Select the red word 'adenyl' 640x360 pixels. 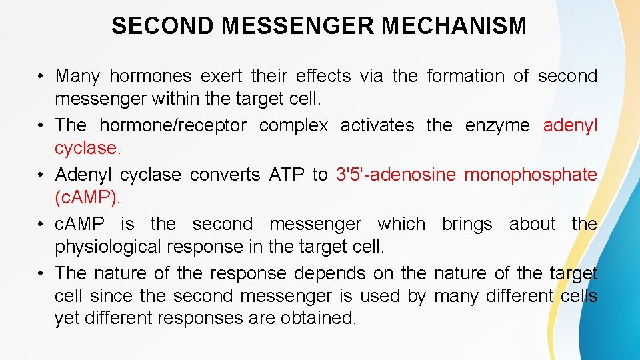tap(571, 125)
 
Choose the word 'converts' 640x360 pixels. tap(225, 175)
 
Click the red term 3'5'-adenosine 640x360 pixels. tap(395, 175)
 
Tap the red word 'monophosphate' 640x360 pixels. tap(531, 175)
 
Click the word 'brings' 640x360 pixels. tap(467, 224)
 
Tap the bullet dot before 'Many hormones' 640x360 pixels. tap(41, 77)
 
